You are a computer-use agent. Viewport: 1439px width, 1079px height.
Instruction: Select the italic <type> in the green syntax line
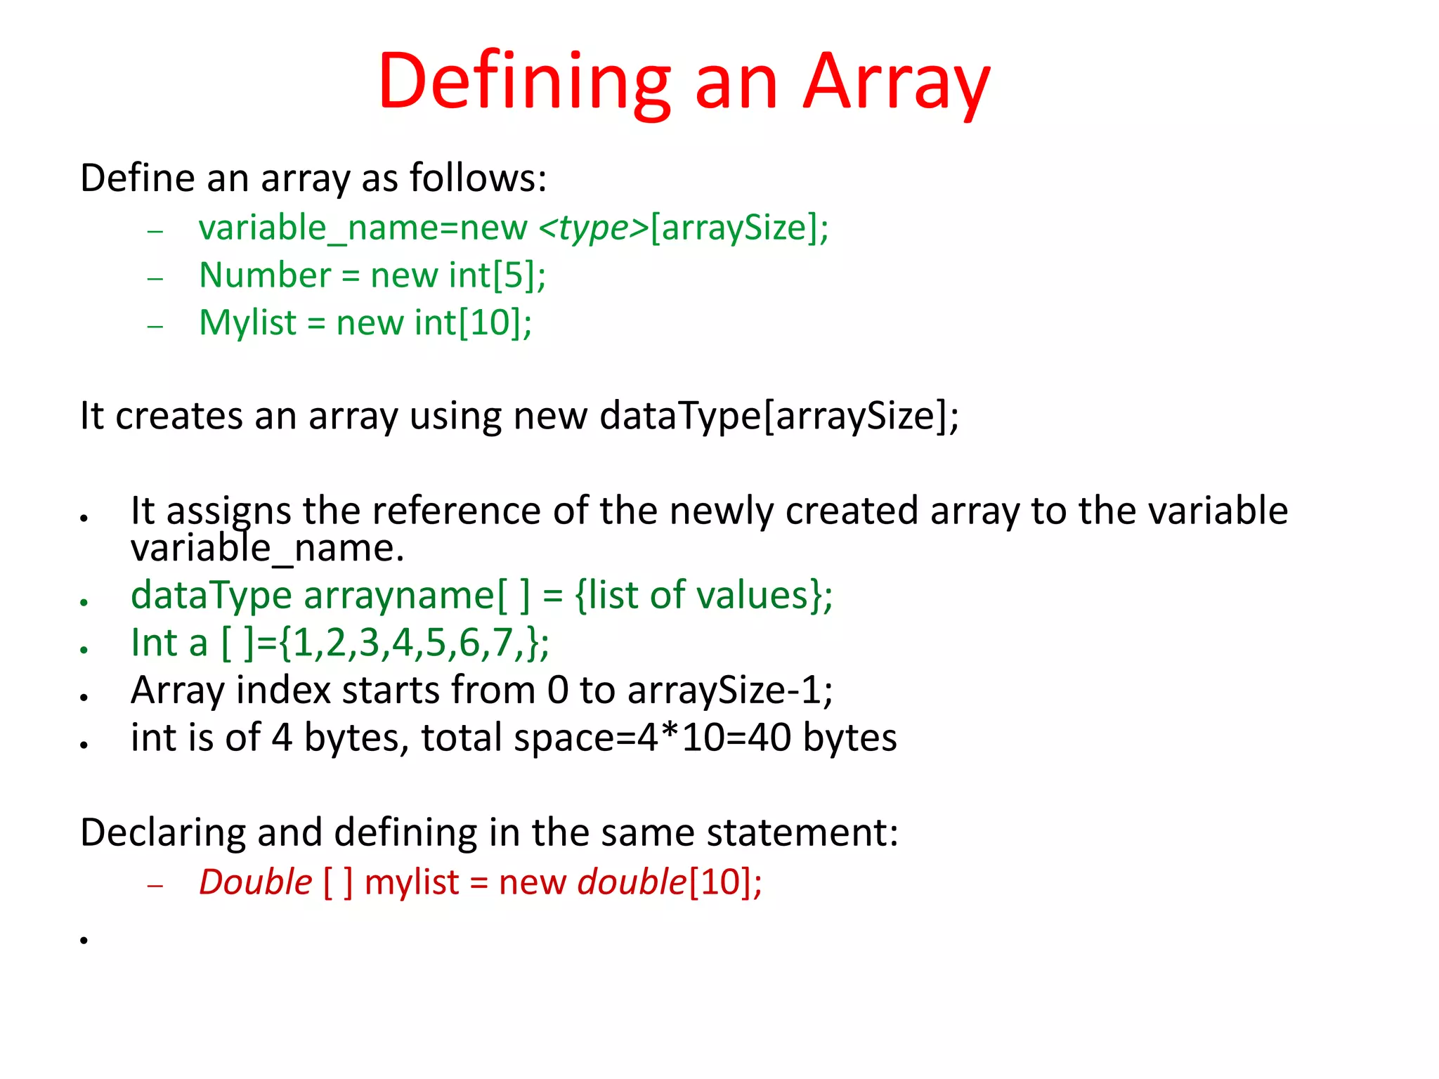[x=593, y=228]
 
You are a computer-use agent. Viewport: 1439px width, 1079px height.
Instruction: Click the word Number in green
[x=265, y=275]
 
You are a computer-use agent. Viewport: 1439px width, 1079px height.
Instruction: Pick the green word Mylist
[x=248, y=322]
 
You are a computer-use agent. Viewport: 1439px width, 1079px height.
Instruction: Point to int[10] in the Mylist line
[x=468, y=322]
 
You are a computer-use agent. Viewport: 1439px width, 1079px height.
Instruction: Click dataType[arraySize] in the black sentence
[x=776, y=415]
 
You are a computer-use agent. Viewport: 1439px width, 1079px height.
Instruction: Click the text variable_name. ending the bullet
[x=267, y=549]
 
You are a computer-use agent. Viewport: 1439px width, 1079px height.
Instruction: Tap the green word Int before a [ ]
[x=154, y=643]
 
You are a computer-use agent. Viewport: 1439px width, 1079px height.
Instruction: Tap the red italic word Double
[x=255, y=882]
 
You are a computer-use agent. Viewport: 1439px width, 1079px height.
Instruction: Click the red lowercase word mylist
[x=411, y=882]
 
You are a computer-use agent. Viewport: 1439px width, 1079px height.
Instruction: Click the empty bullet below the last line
[x=84, y=940]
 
